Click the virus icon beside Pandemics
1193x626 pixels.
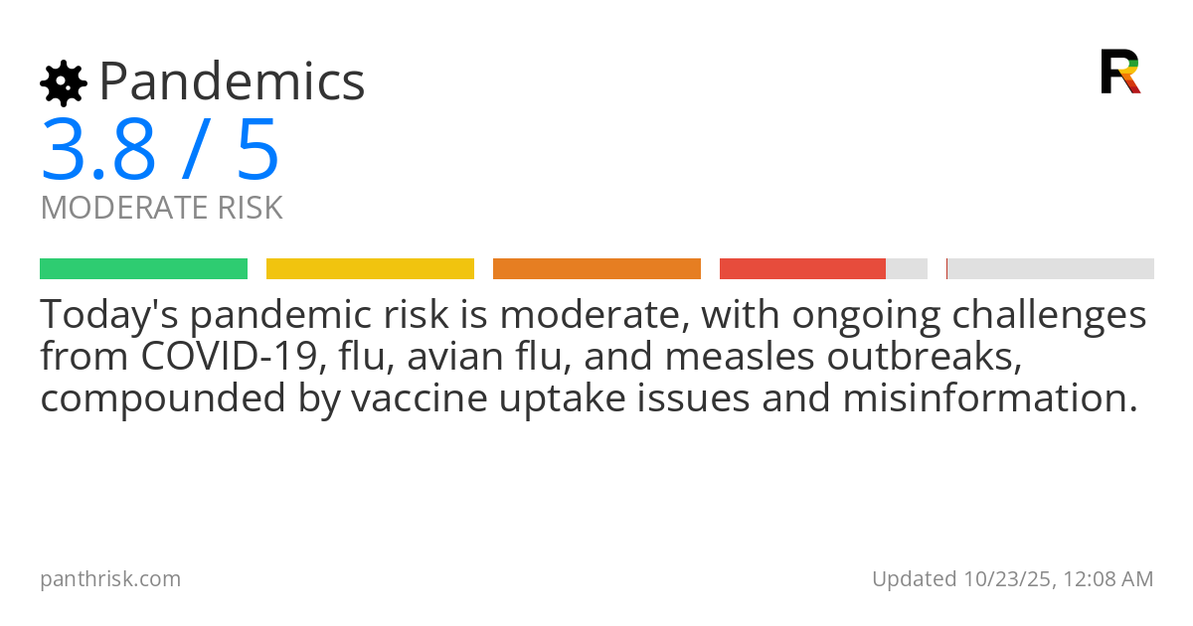(63, 83)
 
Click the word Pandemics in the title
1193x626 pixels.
(233, 81)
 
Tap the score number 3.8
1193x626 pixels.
(98, 150)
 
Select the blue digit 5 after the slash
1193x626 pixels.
(257, 150)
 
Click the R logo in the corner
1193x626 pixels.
(1119, 72)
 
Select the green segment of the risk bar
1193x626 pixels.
(143, 268)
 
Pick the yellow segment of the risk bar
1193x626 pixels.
(370, 268)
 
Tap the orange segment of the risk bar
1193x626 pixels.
(596, 268)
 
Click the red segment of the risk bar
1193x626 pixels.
(802, 268)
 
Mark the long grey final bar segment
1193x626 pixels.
(1051, 268)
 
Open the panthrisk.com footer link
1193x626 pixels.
(110, 578)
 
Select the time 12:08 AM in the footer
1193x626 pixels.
(1107, 578)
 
